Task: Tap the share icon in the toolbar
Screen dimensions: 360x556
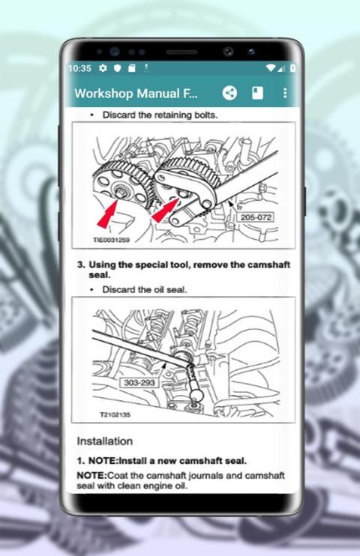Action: pos(229,93)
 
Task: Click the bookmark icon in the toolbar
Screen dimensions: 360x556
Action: pos(257,93)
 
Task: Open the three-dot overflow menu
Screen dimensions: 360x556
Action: pos(285,93)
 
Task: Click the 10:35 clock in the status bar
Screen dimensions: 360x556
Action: pos(79,68)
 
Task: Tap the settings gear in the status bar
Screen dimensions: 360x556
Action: pos(103,67)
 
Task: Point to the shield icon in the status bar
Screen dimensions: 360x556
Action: pos(118,67)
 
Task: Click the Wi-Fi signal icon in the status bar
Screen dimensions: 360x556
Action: pos(271,67)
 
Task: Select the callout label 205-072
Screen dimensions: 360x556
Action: pos(256,217)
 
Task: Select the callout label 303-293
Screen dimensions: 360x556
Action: pos(139,383)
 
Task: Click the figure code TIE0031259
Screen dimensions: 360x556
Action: pos(111,240)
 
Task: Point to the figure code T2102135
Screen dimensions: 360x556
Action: pos(115,414)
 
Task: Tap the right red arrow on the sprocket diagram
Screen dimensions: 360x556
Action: pos(165,211)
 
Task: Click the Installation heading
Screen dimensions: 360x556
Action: pos(105,441)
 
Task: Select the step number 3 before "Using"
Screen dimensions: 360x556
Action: pos(81,265)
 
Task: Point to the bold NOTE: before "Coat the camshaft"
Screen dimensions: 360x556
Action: pos(91,476)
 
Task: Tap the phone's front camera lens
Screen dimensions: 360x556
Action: pos(228,52)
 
